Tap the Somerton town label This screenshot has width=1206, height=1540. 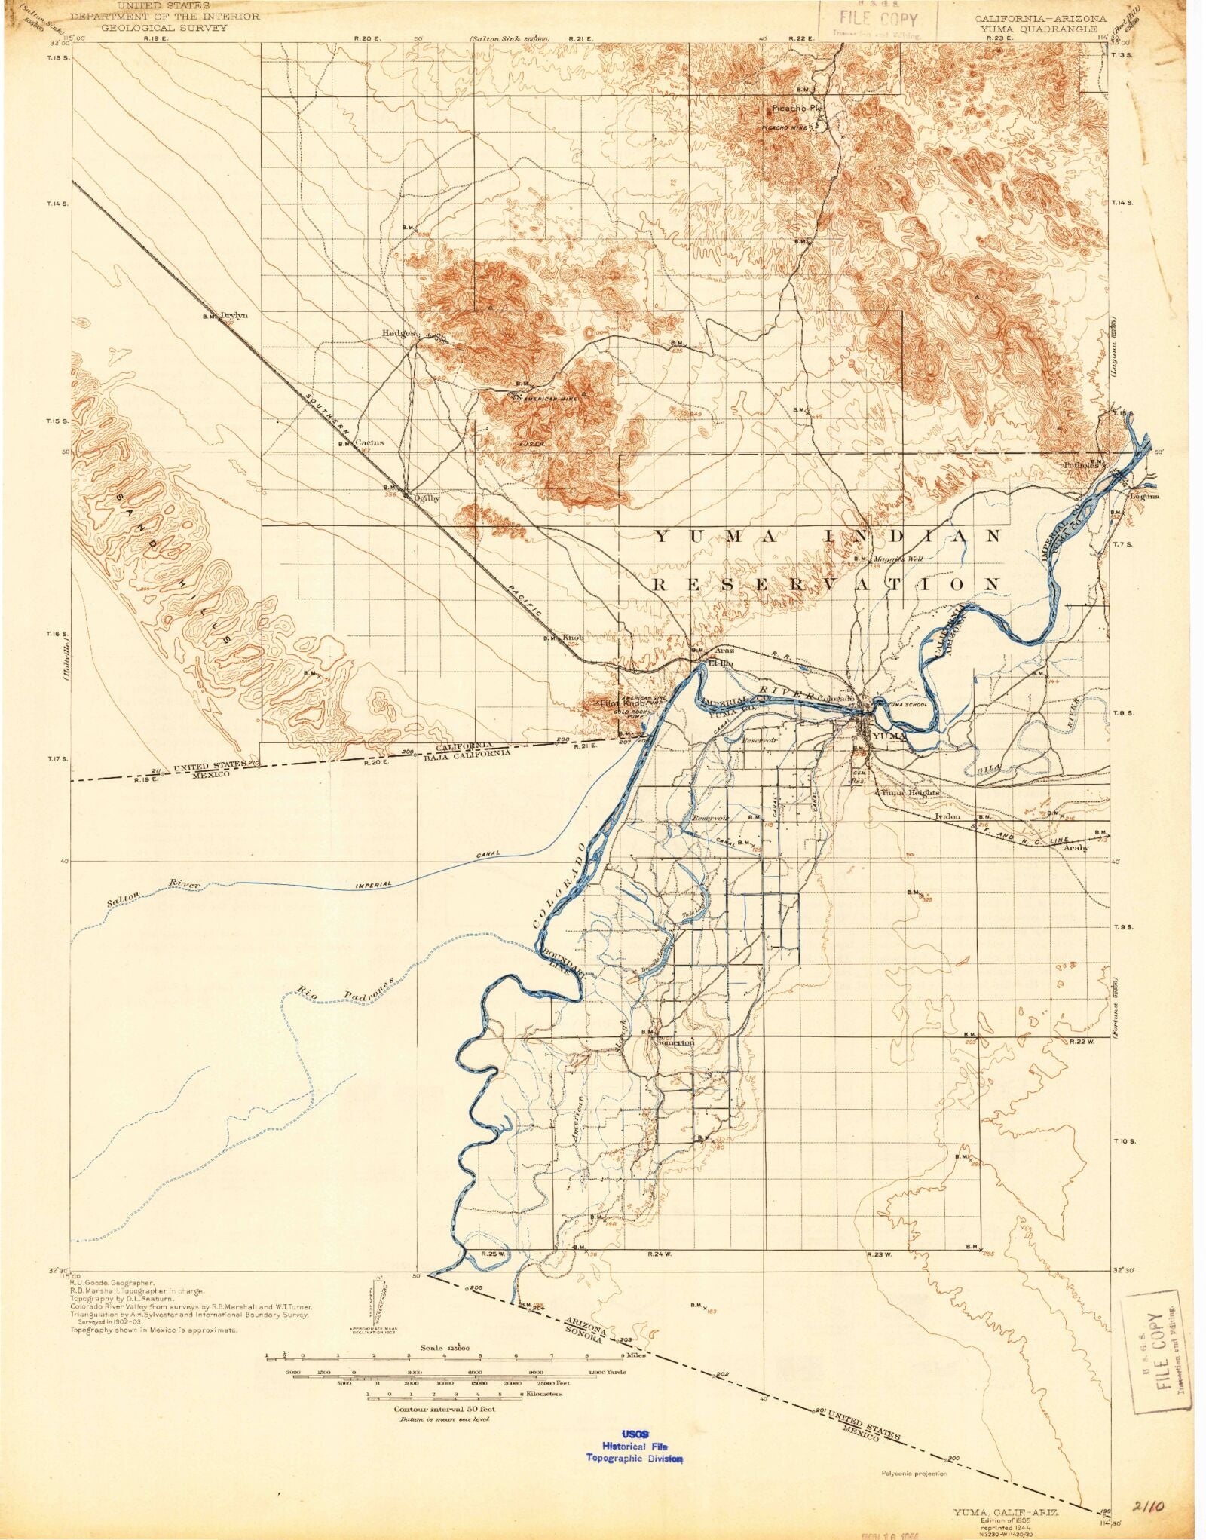pyautogui.click(x=675, y=1042)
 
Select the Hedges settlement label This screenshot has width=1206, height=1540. pyautogui.click(x=399, y=333)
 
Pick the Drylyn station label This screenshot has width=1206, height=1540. pyautogui.click(x=234, y=316)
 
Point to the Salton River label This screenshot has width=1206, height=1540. pyautogui.click(x=153, y=891)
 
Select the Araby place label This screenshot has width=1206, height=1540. pyautogui.click(x=1076, y=847)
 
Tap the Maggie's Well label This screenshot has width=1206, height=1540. pyautogui.click(x=898, y=559)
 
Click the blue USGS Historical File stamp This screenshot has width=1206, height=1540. pyautogui.click(x=635, y=1447)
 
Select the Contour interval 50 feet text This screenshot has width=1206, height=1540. pyautogui.click(x=445, y=1408)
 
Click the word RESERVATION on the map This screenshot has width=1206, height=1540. pyautogui.click(x=827, y=584)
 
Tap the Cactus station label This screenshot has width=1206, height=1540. pyautogui.click(x=370, y=442)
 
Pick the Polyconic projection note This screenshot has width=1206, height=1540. pyautogui.click(x=914, y=1474)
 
